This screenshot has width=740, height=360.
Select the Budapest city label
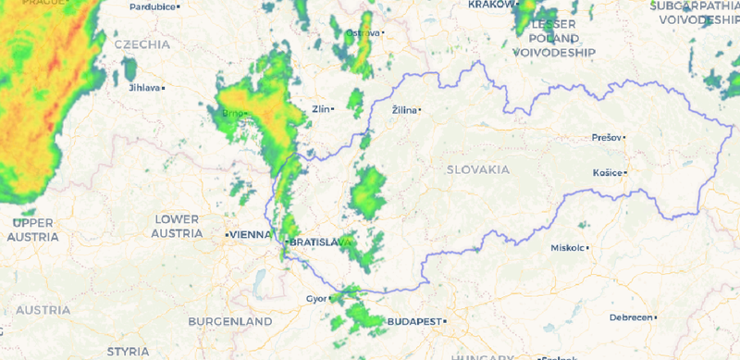[412, 321]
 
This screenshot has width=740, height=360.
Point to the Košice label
[607, 172]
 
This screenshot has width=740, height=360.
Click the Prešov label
[606, 138]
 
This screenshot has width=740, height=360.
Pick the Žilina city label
[403, 110]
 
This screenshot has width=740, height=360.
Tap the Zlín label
[321, 109]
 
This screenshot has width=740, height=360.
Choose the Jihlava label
[143, 88]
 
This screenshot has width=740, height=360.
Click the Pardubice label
[152, 6]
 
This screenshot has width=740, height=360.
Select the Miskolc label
[567, 248]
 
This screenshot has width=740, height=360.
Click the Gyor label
[316, 299]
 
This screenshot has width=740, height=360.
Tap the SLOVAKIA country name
[477, 170]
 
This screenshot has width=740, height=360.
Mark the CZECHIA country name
[142, 43]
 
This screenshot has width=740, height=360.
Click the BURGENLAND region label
[230, 322]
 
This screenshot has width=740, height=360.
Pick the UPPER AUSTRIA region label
[33, 230]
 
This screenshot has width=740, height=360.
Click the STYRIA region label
[128, 352]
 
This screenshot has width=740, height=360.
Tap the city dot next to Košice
[626, 172]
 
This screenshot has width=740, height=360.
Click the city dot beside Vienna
[227, 235]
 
